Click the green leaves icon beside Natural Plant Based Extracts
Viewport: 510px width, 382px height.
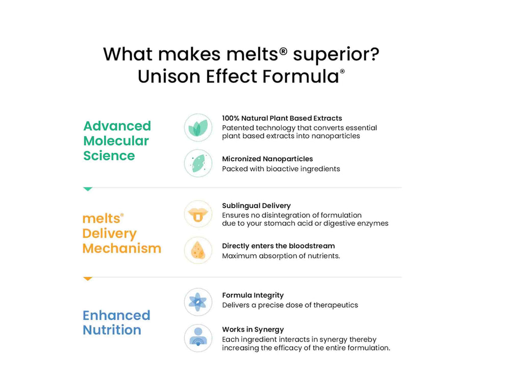click(x=198, y=127)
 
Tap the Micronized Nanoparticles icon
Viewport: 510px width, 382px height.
click(x=198, y=163)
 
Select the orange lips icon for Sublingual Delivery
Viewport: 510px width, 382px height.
click(x=198, y=214)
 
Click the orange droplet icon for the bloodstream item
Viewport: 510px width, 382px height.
click(x=198, y=250)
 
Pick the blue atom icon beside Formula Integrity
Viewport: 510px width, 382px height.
click(x=198, y=302)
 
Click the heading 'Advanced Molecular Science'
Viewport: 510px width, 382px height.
click(x=117, y=141)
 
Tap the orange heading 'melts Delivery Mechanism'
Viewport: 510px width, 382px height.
click(x=121, y=233)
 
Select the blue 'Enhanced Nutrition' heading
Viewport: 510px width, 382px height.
click(x=116, y=322)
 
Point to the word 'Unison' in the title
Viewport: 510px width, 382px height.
click(x=169, y=76)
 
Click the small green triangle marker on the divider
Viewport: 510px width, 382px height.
click(x=88, y=189)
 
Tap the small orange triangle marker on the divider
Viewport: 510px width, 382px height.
click(x=88, y=279)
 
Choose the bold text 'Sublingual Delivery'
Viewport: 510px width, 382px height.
click(x=256, y=206)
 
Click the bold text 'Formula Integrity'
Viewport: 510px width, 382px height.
click(x=252, y=295)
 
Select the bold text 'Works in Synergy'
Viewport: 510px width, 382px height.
click(x=252, y=330)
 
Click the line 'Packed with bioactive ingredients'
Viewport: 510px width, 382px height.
click(x=280, y=169)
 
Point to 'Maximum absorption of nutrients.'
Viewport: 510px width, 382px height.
click(x=280, y=256)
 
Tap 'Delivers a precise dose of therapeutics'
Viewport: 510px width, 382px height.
click(x=290, y=305)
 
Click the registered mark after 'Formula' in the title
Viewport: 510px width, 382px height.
click(x=342, y=72)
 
